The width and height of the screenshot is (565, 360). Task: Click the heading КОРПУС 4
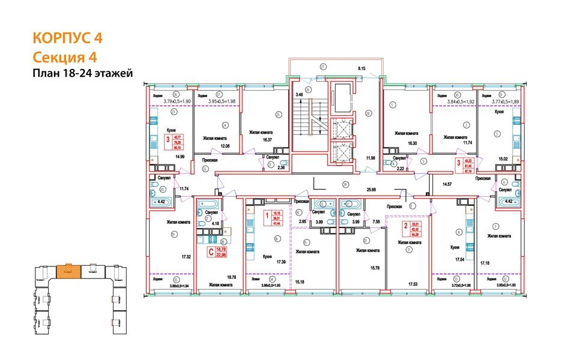[x=67, y=38]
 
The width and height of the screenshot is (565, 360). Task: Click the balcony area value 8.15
[x=361, y=69]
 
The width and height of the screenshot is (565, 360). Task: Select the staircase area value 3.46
[x=300, y=94]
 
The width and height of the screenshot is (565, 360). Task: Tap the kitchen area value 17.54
[x=458, y=260]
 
